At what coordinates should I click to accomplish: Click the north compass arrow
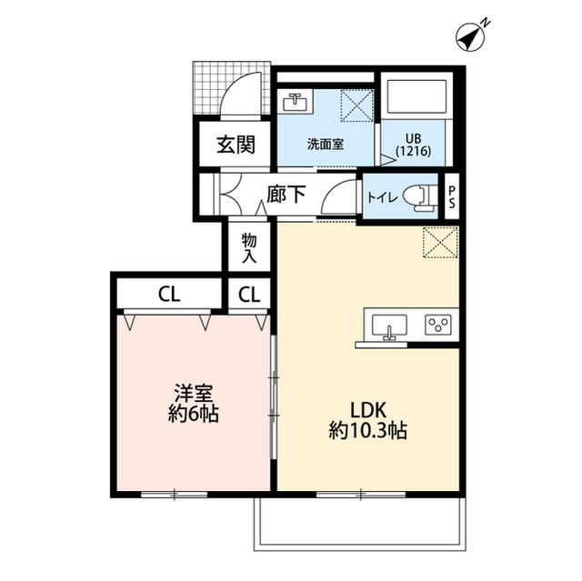[468, 36]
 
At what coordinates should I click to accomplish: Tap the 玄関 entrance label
[234, 144]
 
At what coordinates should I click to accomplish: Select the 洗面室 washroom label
[324, 144]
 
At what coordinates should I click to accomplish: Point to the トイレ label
[381, 195]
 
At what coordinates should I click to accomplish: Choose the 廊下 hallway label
[286, 194]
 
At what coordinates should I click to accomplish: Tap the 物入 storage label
[249, 247]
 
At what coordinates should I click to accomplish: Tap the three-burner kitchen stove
[437, 324]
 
